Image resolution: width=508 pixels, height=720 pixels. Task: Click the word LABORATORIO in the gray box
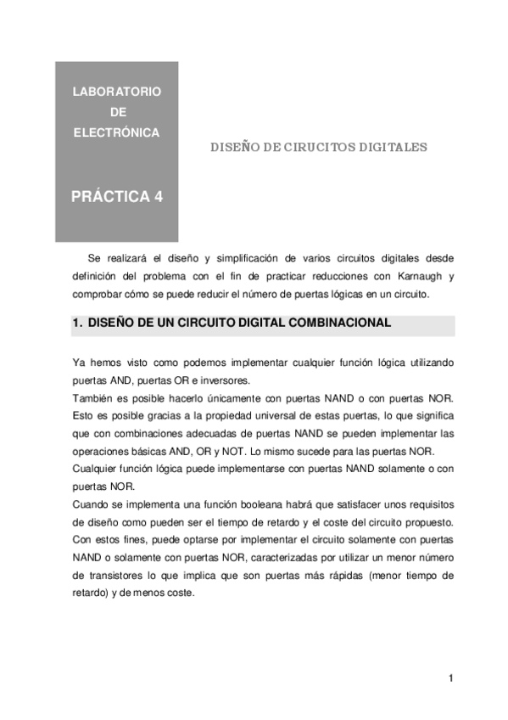click(x=117, y=91)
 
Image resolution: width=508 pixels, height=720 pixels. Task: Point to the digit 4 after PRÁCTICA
click(x=159, y=197)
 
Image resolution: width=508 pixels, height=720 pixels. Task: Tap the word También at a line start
click(x=94, y=399)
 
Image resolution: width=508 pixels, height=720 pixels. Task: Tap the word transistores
click(x=109, y=576)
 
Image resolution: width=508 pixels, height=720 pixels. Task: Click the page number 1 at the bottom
click(x=452, y=678)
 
